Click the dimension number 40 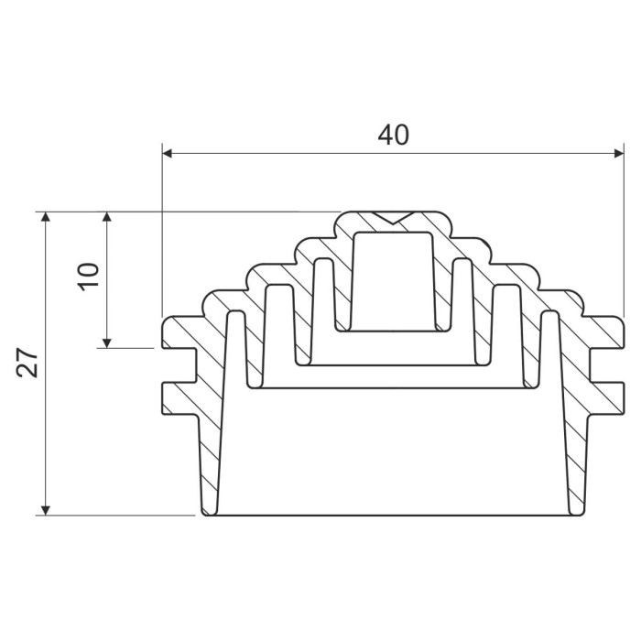click(x=393, y=135)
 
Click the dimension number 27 click(x=27, y=363)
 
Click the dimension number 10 click(x=88, y=277)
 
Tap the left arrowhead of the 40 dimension click(x=168, y=154)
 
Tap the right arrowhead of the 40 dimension click(x=619, y=154)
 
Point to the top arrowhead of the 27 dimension click(x=46, y=217)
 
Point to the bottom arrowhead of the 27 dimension click(x=46, y=510)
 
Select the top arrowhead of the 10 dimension click(x=107, y=217)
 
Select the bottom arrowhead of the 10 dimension click(x=107, y=343)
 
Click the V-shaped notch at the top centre click(x=393, y=218)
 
